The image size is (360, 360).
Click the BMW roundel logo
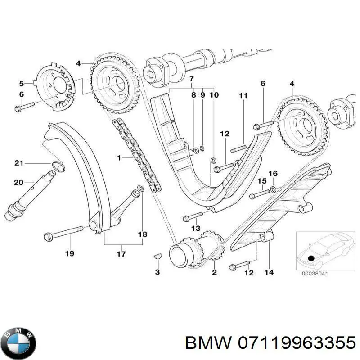(18, 341)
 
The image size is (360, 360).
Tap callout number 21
(18, 163)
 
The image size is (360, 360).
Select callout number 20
(18, 182)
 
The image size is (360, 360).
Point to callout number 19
(69, 254)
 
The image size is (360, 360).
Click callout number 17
(121, 254)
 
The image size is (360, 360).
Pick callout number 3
(157, 272)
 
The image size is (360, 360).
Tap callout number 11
(243, 95)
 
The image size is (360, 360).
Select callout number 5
(21, 83)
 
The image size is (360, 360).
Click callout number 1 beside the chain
(119, 158)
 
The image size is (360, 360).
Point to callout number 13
(195, 229)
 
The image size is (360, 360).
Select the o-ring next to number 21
(57, 168)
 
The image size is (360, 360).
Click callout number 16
(273, 173)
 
